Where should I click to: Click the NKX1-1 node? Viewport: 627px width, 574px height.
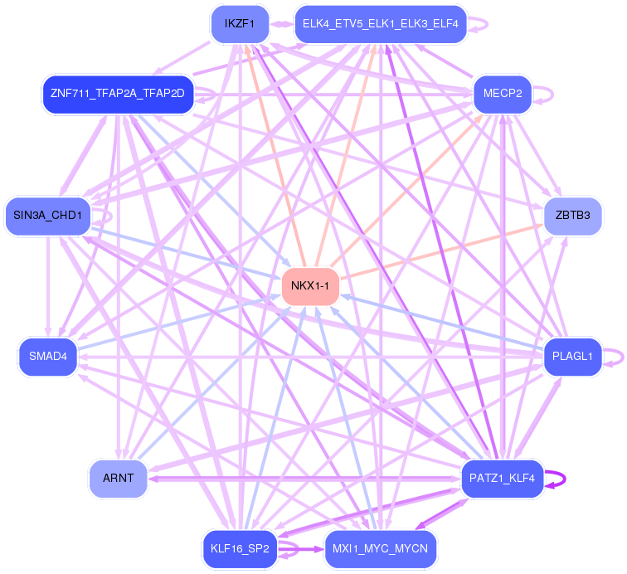pyautogui.click(x=311, y=286)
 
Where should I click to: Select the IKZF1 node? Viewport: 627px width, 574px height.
pyautogui.click(x=239, y=23)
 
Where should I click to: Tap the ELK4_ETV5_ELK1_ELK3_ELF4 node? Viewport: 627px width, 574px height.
pyautogui.click(x=380, y=23)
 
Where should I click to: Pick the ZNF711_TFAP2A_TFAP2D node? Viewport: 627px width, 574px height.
pyautogui.click(x=117, y=92)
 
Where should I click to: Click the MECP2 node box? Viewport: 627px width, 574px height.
pyautogui.click(x=503, y=92)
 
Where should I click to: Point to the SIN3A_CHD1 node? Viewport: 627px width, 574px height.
pyautogui.click(x=47, y=216)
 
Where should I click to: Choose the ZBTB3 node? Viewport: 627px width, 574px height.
pyautogui.click(x=573, y=216)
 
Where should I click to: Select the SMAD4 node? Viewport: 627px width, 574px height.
pyautogui.click(x=47, y=357)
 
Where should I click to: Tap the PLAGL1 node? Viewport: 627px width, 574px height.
pyautogui.click(x=572, y=357)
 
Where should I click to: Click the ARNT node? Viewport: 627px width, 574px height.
pyautogui.click(x=118, y=478)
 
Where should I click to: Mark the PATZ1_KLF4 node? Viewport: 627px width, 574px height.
pyautogui.click(x=502, y=478)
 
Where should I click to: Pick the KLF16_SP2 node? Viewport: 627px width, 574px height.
pyautogui.click(x=239, y=548)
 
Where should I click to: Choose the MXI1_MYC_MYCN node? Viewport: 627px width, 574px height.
pyautogui.click(x=380, y=548)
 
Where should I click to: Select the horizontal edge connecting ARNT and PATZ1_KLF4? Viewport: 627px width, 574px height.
pyautogui.click(x=303, y=479)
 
